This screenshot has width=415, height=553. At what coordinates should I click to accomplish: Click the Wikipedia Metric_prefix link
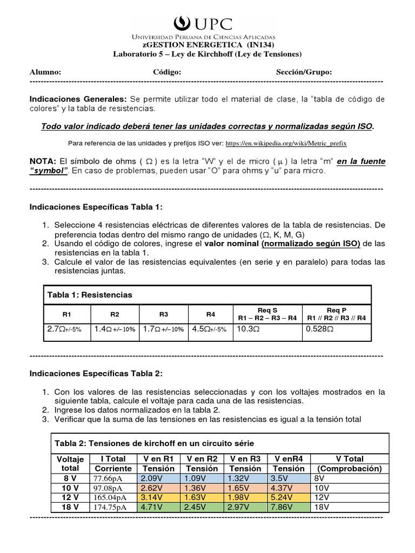(x=286, y=144)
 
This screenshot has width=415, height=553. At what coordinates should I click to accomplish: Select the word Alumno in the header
(x=45, y=72)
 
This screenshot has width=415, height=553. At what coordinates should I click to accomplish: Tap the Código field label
(x=166, y=72)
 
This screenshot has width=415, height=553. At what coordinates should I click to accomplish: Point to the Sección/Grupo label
(x=304, y=72)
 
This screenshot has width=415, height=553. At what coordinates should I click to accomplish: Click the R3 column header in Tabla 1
(x=164, y=314)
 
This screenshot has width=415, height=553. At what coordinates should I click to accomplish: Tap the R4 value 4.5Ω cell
(x=210, y=328)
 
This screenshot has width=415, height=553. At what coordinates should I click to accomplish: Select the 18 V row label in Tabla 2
(x=67, y=507)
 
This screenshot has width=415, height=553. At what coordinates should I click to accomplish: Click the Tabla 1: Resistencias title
(x=90, y=294)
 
